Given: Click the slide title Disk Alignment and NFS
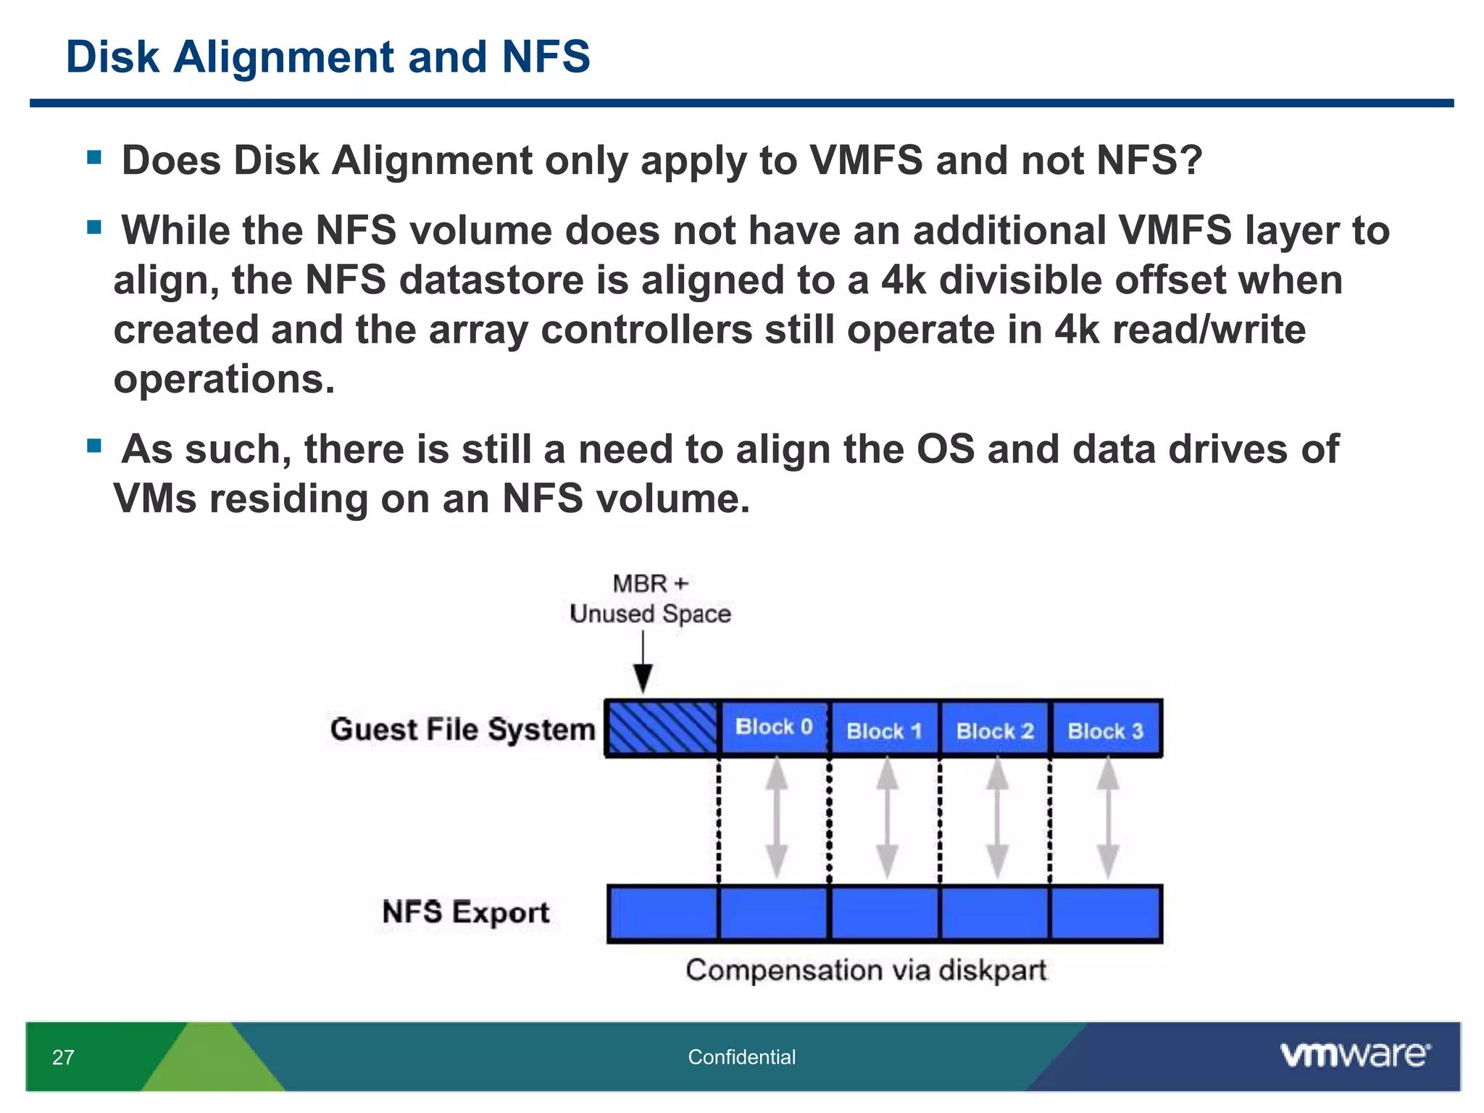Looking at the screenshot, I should [x=328, y=57].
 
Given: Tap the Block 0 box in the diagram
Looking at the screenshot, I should [x=774, y=728].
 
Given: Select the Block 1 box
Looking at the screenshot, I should [x=884, y=730].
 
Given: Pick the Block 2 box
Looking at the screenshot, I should [x=995, y=730].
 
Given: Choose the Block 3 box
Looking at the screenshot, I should [x=1106, y=730].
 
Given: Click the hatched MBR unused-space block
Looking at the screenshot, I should [x=662, y=728].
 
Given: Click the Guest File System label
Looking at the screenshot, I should [x=462, y=729].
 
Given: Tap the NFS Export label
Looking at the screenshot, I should [x=466, y=912].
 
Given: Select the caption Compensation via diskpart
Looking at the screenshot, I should [x=866, y=970].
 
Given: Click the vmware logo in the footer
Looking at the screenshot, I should [x=1355, y=1055].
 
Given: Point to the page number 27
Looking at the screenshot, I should [x=63, y=1057].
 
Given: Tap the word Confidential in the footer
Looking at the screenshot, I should [x=741, y=1057].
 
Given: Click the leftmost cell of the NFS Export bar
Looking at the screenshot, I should [x=663, y=913].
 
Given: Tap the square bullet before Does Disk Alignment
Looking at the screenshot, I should [x=93, y=157].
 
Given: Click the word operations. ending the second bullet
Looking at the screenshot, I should [x=225, y=379].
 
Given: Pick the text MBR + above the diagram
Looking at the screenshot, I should [x=650, y=583].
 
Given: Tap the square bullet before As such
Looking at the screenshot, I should [x=93, y=445].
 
